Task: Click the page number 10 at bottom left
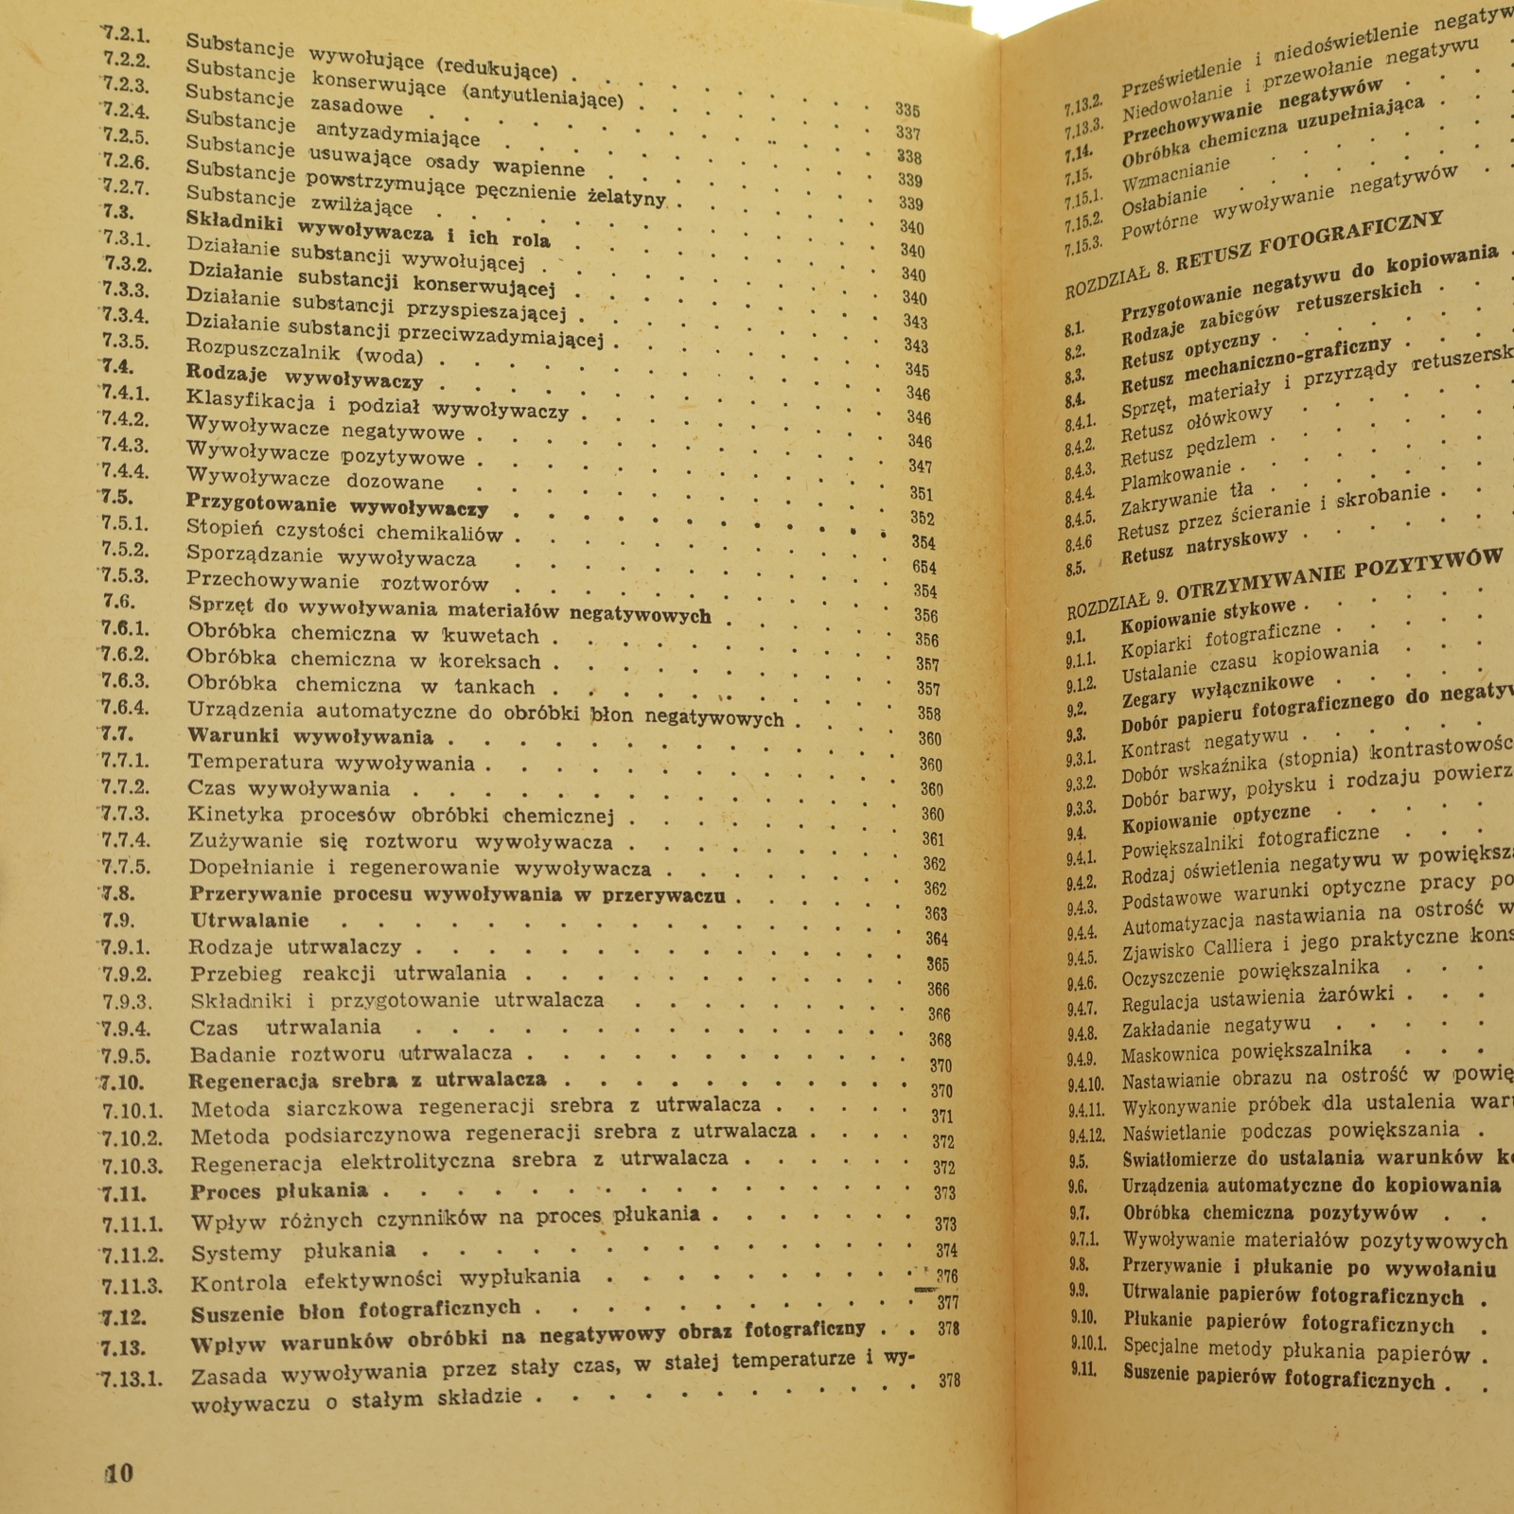coord(119,1473)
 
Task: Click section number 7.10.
coord(122,1083)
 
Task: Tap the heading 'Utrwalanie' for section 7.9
coord(250,921)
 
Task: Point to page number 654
coord(924,568)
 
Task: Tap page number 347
coord(921,467)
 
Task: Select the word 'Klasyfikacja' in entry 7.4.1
coord(251,401)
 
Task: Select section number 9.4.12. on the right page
coord(1086,1135)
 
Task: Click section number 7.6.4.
coord(125,708)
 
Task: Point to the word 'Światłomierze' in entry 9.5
coord(1183,1160)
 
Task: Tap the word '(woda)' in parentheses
coord(389,358)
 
